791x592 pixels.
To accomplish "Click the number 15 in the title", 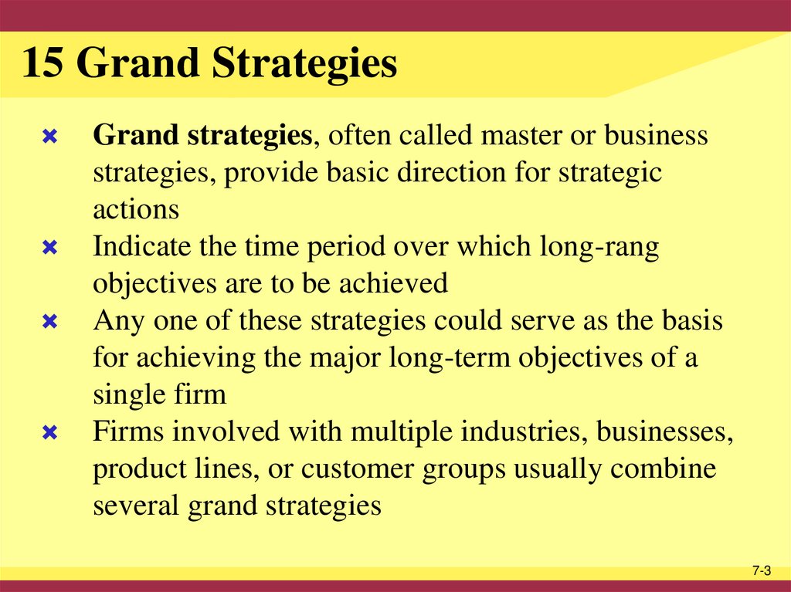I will [43, 65].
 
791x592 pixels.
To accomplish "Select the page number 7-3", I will [762, 570].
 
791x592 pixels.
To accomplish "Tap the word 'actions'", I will [136, 210].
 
